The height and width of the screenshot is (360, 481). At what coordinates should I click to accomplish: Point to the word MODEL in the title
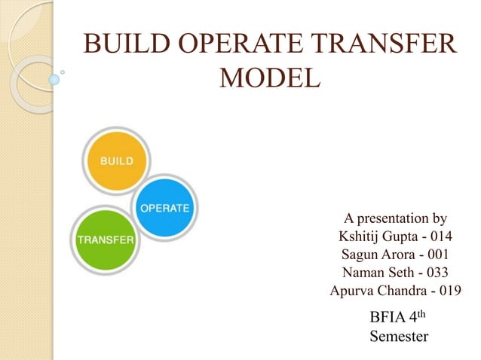point(269,78)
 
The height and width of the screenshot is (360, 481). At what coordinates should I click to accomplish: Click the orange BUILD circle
point(116,160)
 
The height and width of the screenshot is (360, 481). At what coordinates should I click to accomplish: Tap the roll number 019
point(449,291)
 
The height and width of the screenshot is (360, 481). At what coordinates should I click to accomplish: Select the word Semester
point(399,336)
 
